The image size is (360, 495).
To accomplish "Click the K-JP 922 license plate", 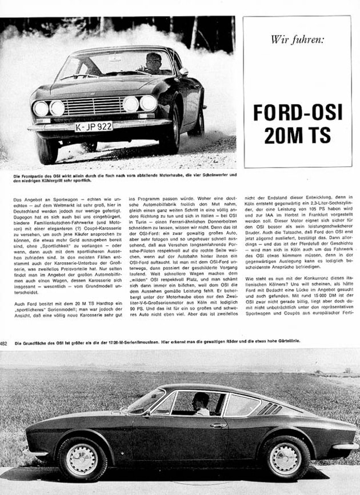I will (x=93, y=126).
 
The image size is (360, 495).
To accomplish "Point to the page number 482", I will (x=4, y=344).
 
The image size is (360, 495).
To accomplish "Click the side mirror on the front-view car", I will (x=183, y=72).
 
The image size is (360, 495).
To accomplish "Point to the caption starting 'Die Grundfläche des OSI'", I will (x=180, y=344).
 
